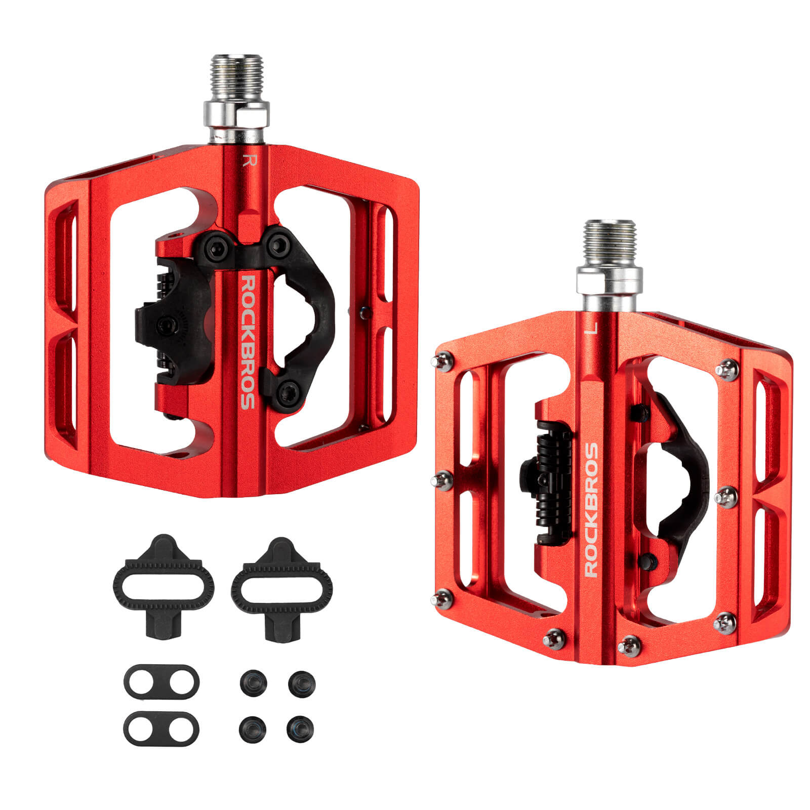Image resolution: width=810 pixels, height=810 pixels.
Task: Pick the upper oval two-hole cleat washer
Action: [161, 681]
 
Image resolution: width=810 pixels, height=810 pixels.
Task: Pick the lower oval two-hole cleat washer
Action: [161, 728]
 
